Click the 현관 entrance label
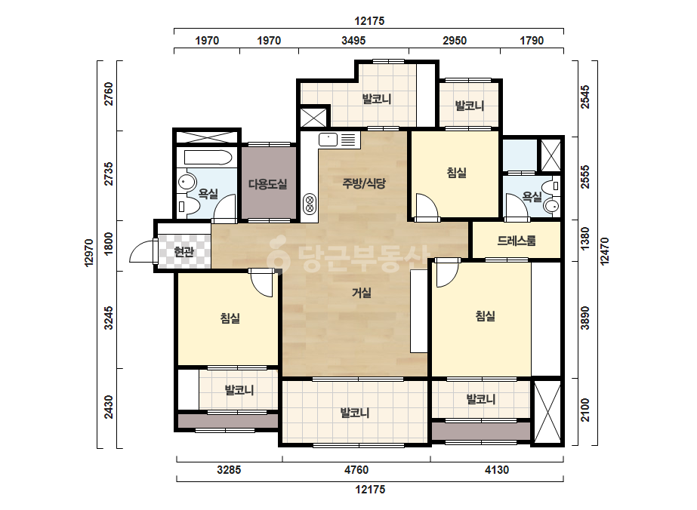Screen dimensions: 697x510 184,252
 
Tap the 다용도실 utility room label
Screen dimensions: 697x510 267,184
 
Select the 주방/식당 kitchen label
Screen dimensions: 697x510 364,183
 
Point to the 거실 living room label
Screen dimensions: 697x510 362,293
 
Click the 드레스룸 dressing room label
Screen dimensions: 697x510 516,241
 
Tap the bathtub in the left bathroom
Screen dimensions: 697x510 208,158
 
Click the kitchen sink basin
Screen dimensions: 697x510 328,140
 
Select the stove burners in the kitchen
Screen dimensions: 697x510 309,204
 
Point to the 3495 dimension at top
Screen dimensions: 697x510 353,41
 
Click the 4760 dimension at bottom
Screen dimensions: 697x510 356,469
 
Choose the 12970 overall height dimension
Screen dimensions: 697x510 89,253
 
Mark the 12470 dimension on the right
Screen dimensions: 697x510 604,251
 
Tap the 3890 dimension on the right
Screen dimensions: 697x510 585,318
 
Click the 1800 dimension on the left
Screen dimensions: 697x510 109,244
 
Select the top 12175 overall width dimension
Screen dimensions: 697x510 369,21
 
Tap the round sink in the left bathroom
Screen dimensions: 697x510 187,182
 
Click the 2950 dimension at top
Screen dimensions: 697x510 455,41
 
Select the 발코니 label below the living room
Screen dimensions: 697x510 355,413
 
